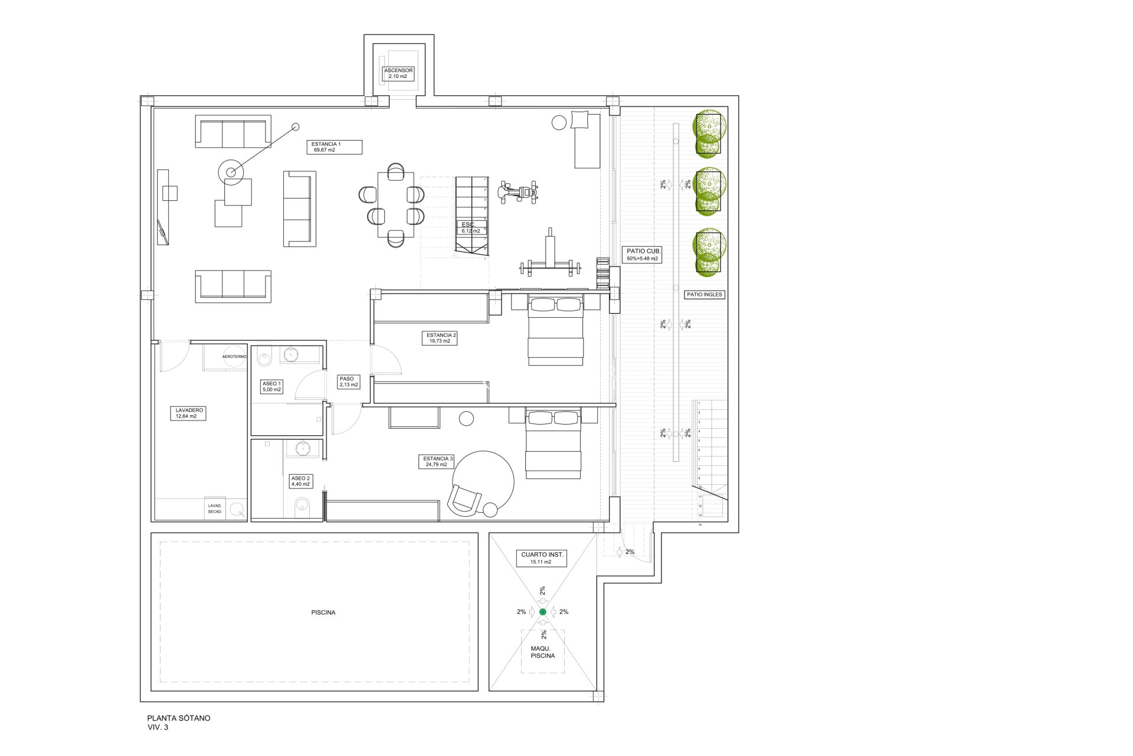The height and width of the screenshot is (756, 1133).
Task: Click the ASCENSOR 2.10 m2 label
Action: coord(399,73)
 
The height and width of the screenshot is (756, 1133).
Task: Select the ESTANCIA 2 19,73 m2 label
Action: coord(440,338)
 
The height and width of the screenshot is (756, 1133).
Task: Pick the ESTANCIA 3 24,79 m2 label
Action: coord(437,461)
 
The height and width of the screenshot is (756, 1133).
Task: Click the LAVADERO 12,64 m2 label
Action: coord(188,413)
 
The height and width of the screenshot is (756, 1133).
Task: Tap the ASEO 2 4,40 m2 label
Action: coord(300,481)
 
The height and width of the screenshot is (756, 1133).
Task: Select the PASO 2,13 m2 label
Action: coord(348,382)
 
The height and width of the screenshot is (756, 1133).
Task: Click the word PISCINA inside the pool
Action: coord(323,612)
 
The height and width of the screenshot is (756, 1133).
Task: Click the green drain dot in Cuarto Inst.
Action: coord(542,612)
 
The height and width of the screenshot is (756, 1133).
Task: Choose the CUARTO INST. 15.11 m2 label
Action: coord(542,558)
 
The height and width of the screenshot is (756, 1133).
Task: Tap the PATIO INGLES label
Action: coord(705,294)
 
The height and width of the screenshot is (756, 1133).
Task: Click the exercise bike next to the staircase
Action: coord(518,192)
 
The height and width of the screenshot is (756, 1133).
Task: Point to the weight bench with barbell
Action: coord(549,260)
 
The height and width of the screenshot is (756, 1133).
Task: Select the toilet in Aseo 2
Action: coord(302,506)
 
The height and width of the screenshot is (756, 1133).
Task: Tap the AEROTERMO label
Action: coord(234,357)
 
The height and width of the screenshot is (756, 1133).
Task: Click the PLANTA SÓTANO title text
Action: coord(178,718)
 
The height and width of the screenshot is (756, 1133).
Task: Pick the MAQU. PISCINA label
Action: coord(542,652)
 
